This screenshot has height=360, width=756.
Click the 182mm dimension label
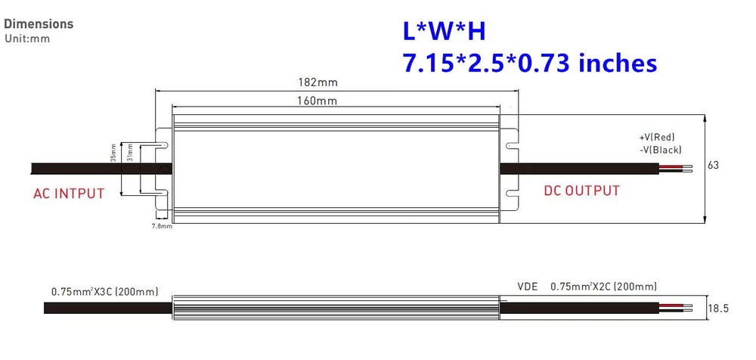(317, 82)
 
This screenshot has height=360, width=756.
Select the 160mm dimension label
(317, 101)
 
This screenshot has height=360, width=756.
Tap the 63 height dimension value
(713, 165)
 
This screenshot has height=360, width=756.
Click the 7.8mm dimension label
(162, 226)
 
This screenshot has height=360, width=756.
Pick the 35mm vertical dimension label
(113, 152)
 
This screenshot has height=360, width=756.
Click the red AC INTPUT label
(69, 194)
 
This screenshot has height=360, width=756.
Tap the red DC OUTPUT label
(581, 191)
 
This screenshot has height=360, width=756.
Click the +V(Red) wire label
(657, 137)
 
